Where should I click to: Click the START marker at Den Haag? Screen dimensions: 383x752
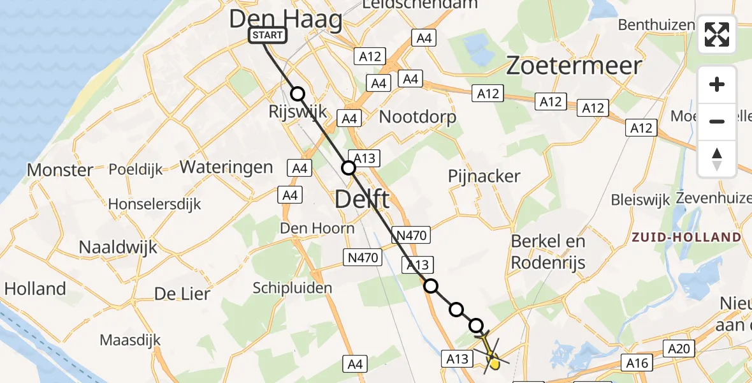268,35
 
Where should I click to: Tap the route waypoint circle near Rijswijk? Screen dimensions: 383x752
298,94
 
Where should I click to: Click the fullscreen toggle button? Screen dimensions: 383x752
717,34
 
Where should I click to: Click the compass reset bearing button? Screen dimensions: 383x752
717,158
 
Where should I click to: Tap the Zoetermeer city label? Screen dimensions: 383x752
574,66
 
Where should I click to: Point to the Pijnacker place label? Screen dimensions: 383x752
484,176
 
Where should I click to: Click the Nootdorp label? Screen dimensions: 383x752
417,117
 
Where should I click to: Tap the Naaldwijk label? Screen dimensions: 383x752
117,247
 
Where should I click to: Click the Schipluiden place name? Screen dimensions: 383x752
293,288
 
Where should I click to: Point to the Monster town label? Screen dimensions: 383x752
60,170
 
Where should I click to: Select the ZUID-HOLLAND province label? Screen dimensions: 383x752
686,237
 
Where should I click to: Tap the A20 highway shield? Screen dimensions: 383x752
679,349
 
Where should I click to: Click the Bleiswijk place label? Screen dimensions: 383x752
640,199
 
